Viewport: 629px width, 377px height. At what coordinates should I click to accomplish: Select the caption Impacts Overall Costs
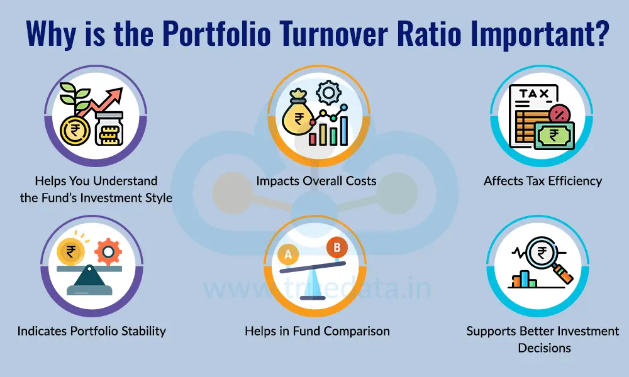pos(316,181)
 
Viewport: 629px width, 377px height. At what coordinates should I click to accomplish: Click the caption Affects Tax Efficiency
pos(542,181)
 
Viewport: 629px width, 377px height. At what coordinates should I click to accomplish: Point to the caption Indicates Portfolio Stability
pos(91,331)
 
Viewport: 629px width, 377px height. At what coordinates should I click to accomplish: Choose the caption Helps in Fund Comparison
pos(317,331)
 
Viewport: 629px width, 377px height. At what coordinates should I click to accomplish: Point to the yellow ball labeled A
pos(289,254)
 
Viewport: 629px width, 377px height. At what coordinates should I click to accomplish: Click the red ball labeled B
pos(337,248)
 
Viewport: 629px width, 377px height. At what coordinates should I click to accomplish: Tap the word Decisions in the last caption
pos(544,347)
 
